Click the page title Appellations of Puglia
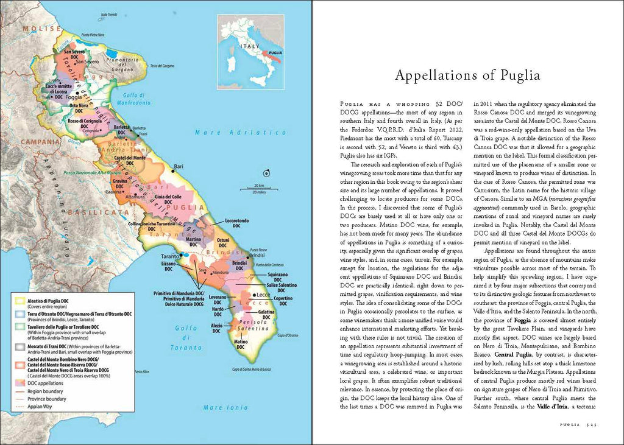(467, 75)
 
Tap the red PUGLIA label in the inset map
(275, 54)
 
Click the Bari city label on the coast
(179, 166)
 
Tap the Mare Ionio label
(221, 408)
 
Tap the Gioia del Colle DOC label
(169, 200)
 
